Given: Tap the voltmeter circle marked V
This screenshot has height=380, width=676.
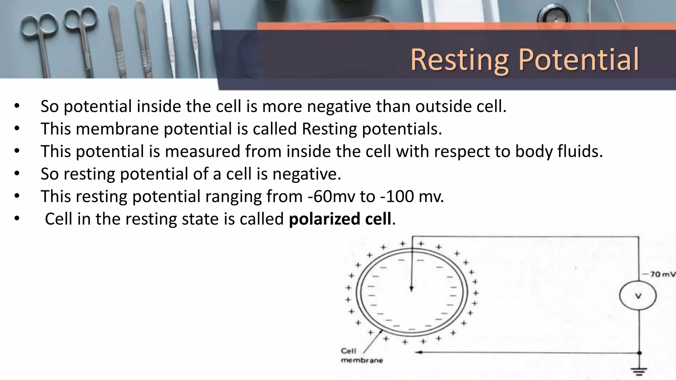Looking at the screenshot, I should pos(638,296).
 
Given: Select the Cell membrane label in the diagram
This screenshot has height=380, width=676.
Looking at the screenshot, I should pos(361,356).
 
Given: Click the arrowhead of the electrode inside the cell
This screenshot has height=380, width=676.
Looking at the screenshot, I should pos(412,289).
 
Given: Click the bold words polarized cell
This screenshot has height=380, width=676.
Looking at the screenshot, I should pos(340,219).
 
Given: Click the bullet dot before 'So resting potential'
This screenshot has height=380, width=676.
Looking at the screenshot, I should pos(17,174).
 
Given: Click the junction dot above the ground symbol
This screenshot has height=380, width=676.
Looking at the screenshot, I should pos(639,353).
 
